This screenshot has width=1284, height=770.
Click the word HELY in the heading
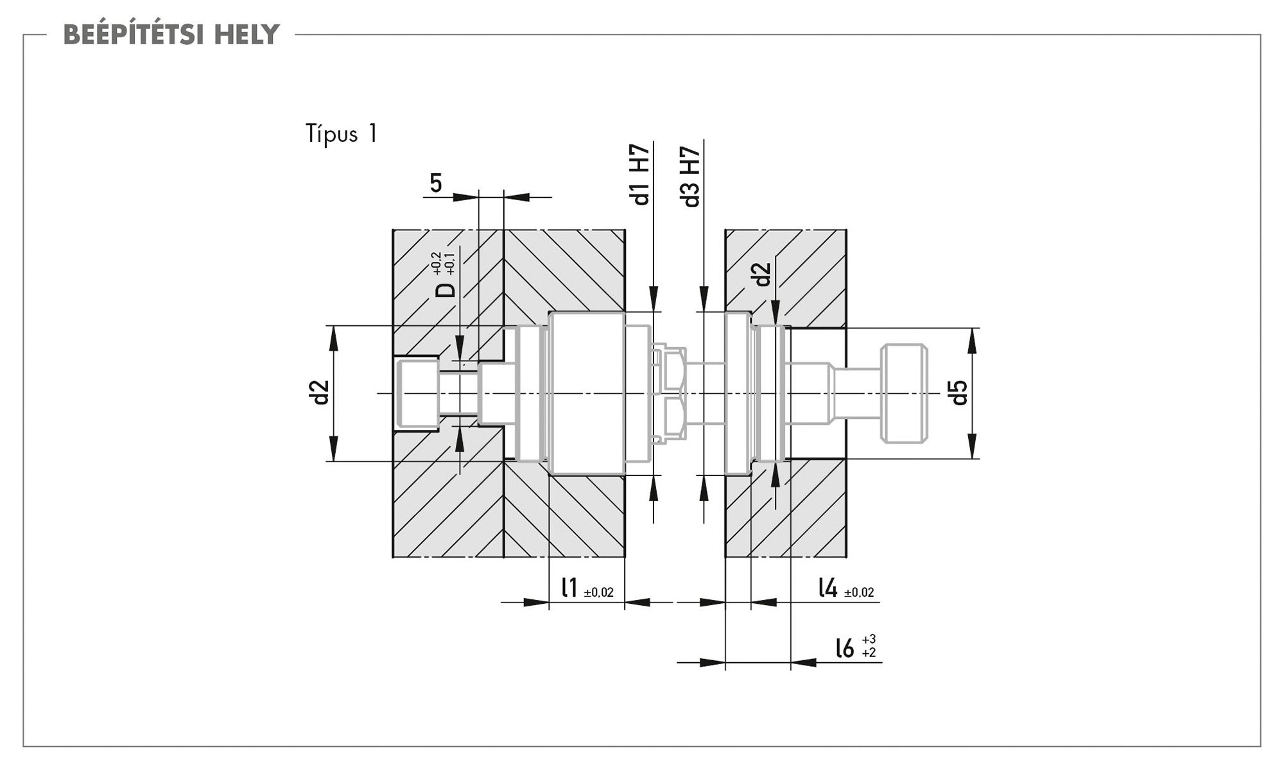click(x=247, y=35)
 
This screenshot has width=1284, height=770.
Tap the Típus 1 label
click(x=342, y=134)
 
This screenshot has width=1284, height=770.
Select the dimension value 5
click(x=436, y=184)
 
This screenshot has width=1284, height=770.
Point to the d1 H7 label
click(x=641, y=175)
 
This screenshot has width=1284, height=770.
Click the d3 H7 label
click(x=691, y=176)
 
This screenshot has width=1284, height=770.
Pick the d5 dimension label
click(x=959, y=392)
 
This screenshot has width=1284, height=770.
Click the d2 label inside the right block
click(x=763, y=275)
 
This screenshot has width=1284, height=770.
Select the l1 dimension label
click(x=569, y=588)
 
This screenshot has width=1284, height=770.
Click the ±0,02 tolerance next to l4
click(x=859, y=593)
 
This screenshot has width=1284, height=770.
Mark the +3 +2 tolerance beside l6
click(x=869, y=646)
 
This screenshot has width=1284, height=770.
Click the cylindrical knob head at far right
click(x=904, y=393)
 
